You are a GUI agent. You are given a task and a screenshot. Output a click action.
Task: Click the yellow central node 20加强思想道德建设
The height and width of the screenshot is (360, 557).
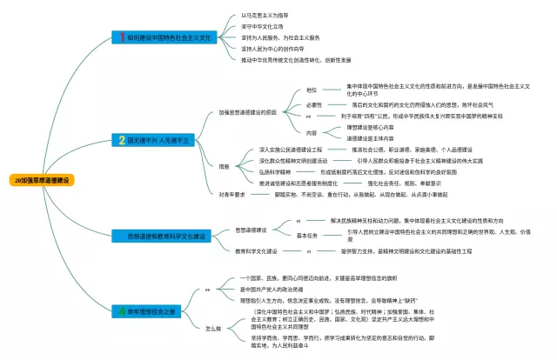43,180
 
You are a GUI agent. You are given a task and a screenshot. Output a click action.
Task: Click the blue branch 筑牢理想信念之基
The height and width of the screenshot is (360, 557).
156,310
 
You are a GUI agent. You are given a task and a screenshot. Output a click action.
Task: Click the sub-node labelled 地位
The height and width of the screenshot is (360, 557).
311,90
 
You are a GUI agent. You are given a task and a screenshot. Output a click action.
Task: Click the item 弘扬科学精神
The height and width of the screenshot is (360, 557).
276,172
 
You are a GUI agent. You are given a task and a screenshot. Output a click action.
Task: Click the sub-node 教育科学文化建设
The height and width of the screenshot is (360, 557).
257,250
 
